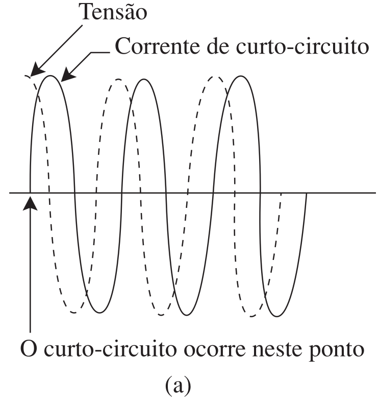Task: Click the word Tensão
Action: point(114,12)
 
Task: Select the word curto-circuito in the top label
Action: point(302,46)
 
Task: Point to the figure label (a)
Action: point(178,385)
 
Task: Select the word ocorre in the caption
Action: point(215,349)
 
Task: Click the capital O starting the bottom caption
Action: point(29,348)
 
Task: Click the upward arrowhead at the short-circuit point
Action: point(30,203)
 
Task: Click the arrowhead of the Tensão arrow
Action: point(37,70)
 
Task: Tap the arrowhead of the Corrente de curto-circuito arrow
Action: point(68,75)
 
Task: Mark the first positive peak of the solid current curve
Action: point(50,76)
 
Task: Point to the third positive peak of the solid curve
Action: point(241,76)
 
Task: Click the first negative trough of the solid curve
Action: point(99,312)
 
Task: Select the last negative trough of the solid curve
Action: point(277,316)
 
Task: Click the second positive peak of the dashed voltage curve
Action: point(118,80)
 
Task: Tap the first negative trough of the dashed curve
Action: point(74,313)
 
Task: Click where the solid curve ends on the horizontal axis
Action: point(306,193)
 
